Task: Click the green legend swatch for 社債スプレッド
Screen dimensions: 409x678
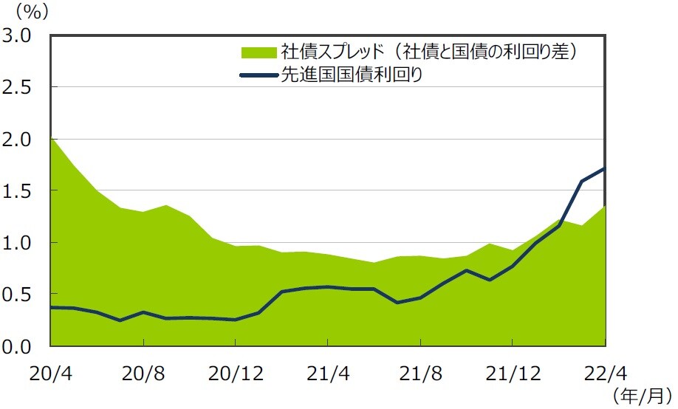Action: pyautogui.click(x=258, y=52)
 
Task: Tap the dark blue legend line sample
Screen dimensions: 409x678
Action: pyautogui.click(x=258, y=75)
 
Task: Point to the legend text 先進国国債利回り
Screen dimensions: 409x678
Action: pyautogui.click(x=352, y=75)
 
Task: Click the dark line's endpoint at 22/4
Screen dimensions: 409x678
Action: pyautogui.click(x=604, y=168)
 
